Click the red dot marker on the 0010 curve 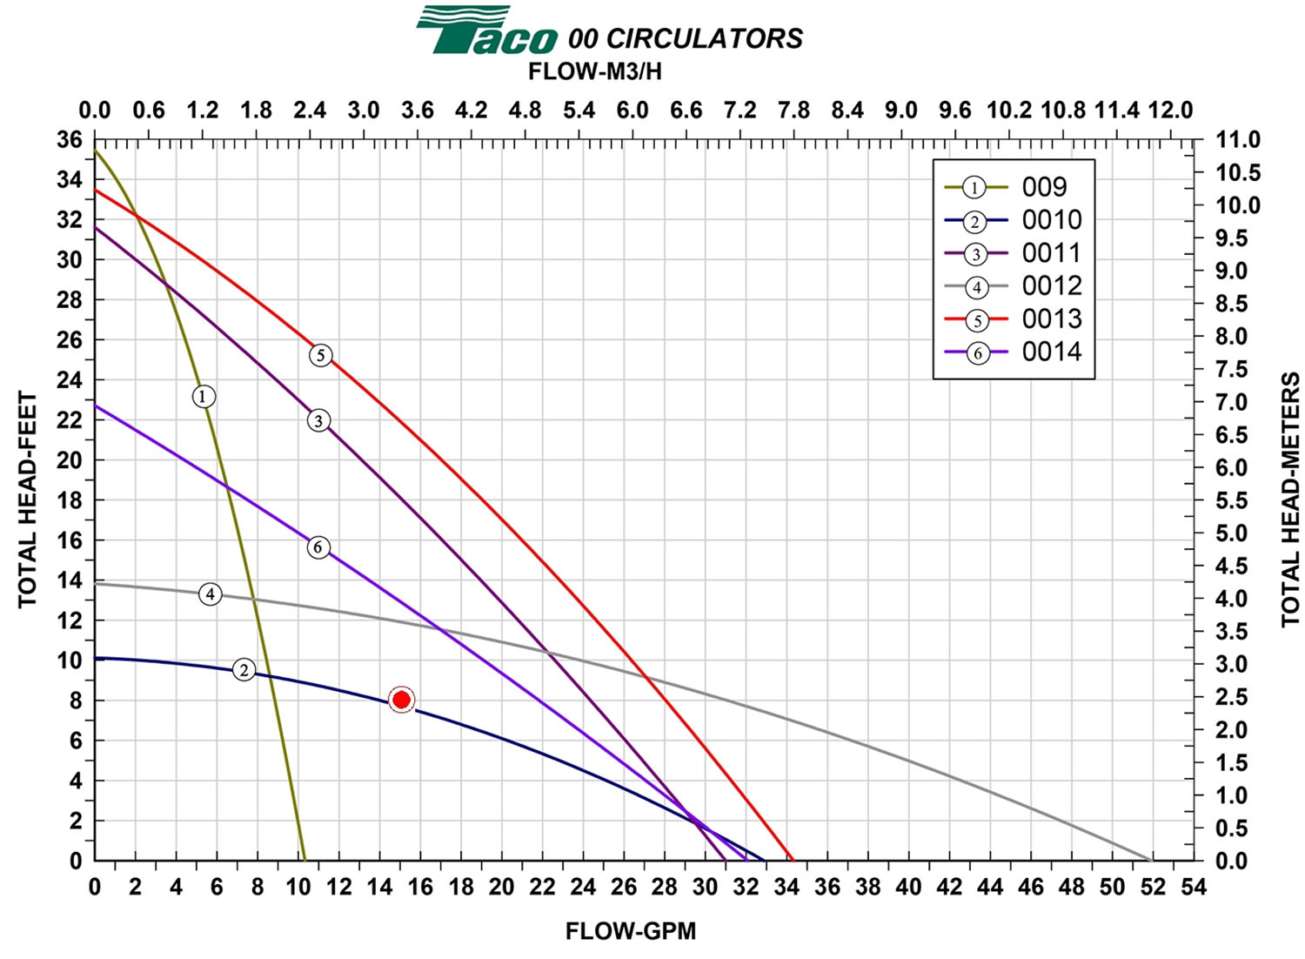pos(401,700)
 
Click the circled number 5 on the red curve pos(321,355)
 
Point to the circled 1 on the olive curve pos(204,397)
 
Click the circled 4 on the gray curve pos(210,594)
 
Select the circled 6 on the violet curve pos(318,547)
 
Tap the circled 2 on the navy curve pos(244,670)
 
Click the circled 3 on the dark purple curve pos(318,421)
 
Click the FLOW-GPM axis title pos(631,932)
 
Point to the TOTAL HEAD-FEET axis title pos(28,500)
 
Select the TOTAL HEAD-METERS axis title pos(1289,500)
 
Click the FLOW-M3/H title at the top pos(595,72)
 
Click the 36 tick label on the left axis pos(70,139)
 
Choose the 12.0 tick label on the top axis pos(1170,111)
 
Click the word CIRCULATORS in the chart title pos(704,39)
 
